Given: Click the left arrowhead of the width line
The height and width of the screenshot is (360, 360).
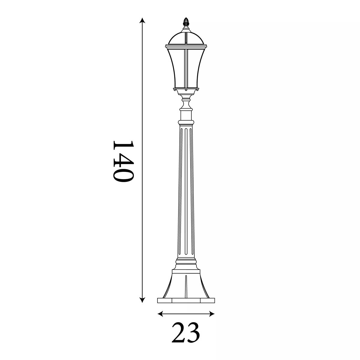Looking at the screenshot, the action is point(160,314).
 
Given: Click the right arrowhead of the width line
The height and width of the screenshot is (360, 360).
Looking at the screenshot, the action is point(212,314).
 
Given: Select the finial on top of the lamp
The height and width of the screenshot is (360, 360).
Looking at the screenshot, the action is point(186,22).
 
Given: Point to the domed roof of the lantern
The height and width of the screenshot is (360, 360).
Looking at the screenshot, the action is point(186,38).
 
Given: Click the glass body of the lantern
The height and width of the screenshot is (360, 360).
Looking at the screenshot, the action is point(186,67).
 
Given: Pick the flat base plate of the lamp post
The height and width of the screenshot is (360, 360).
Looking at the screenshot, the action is point(186,305).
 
